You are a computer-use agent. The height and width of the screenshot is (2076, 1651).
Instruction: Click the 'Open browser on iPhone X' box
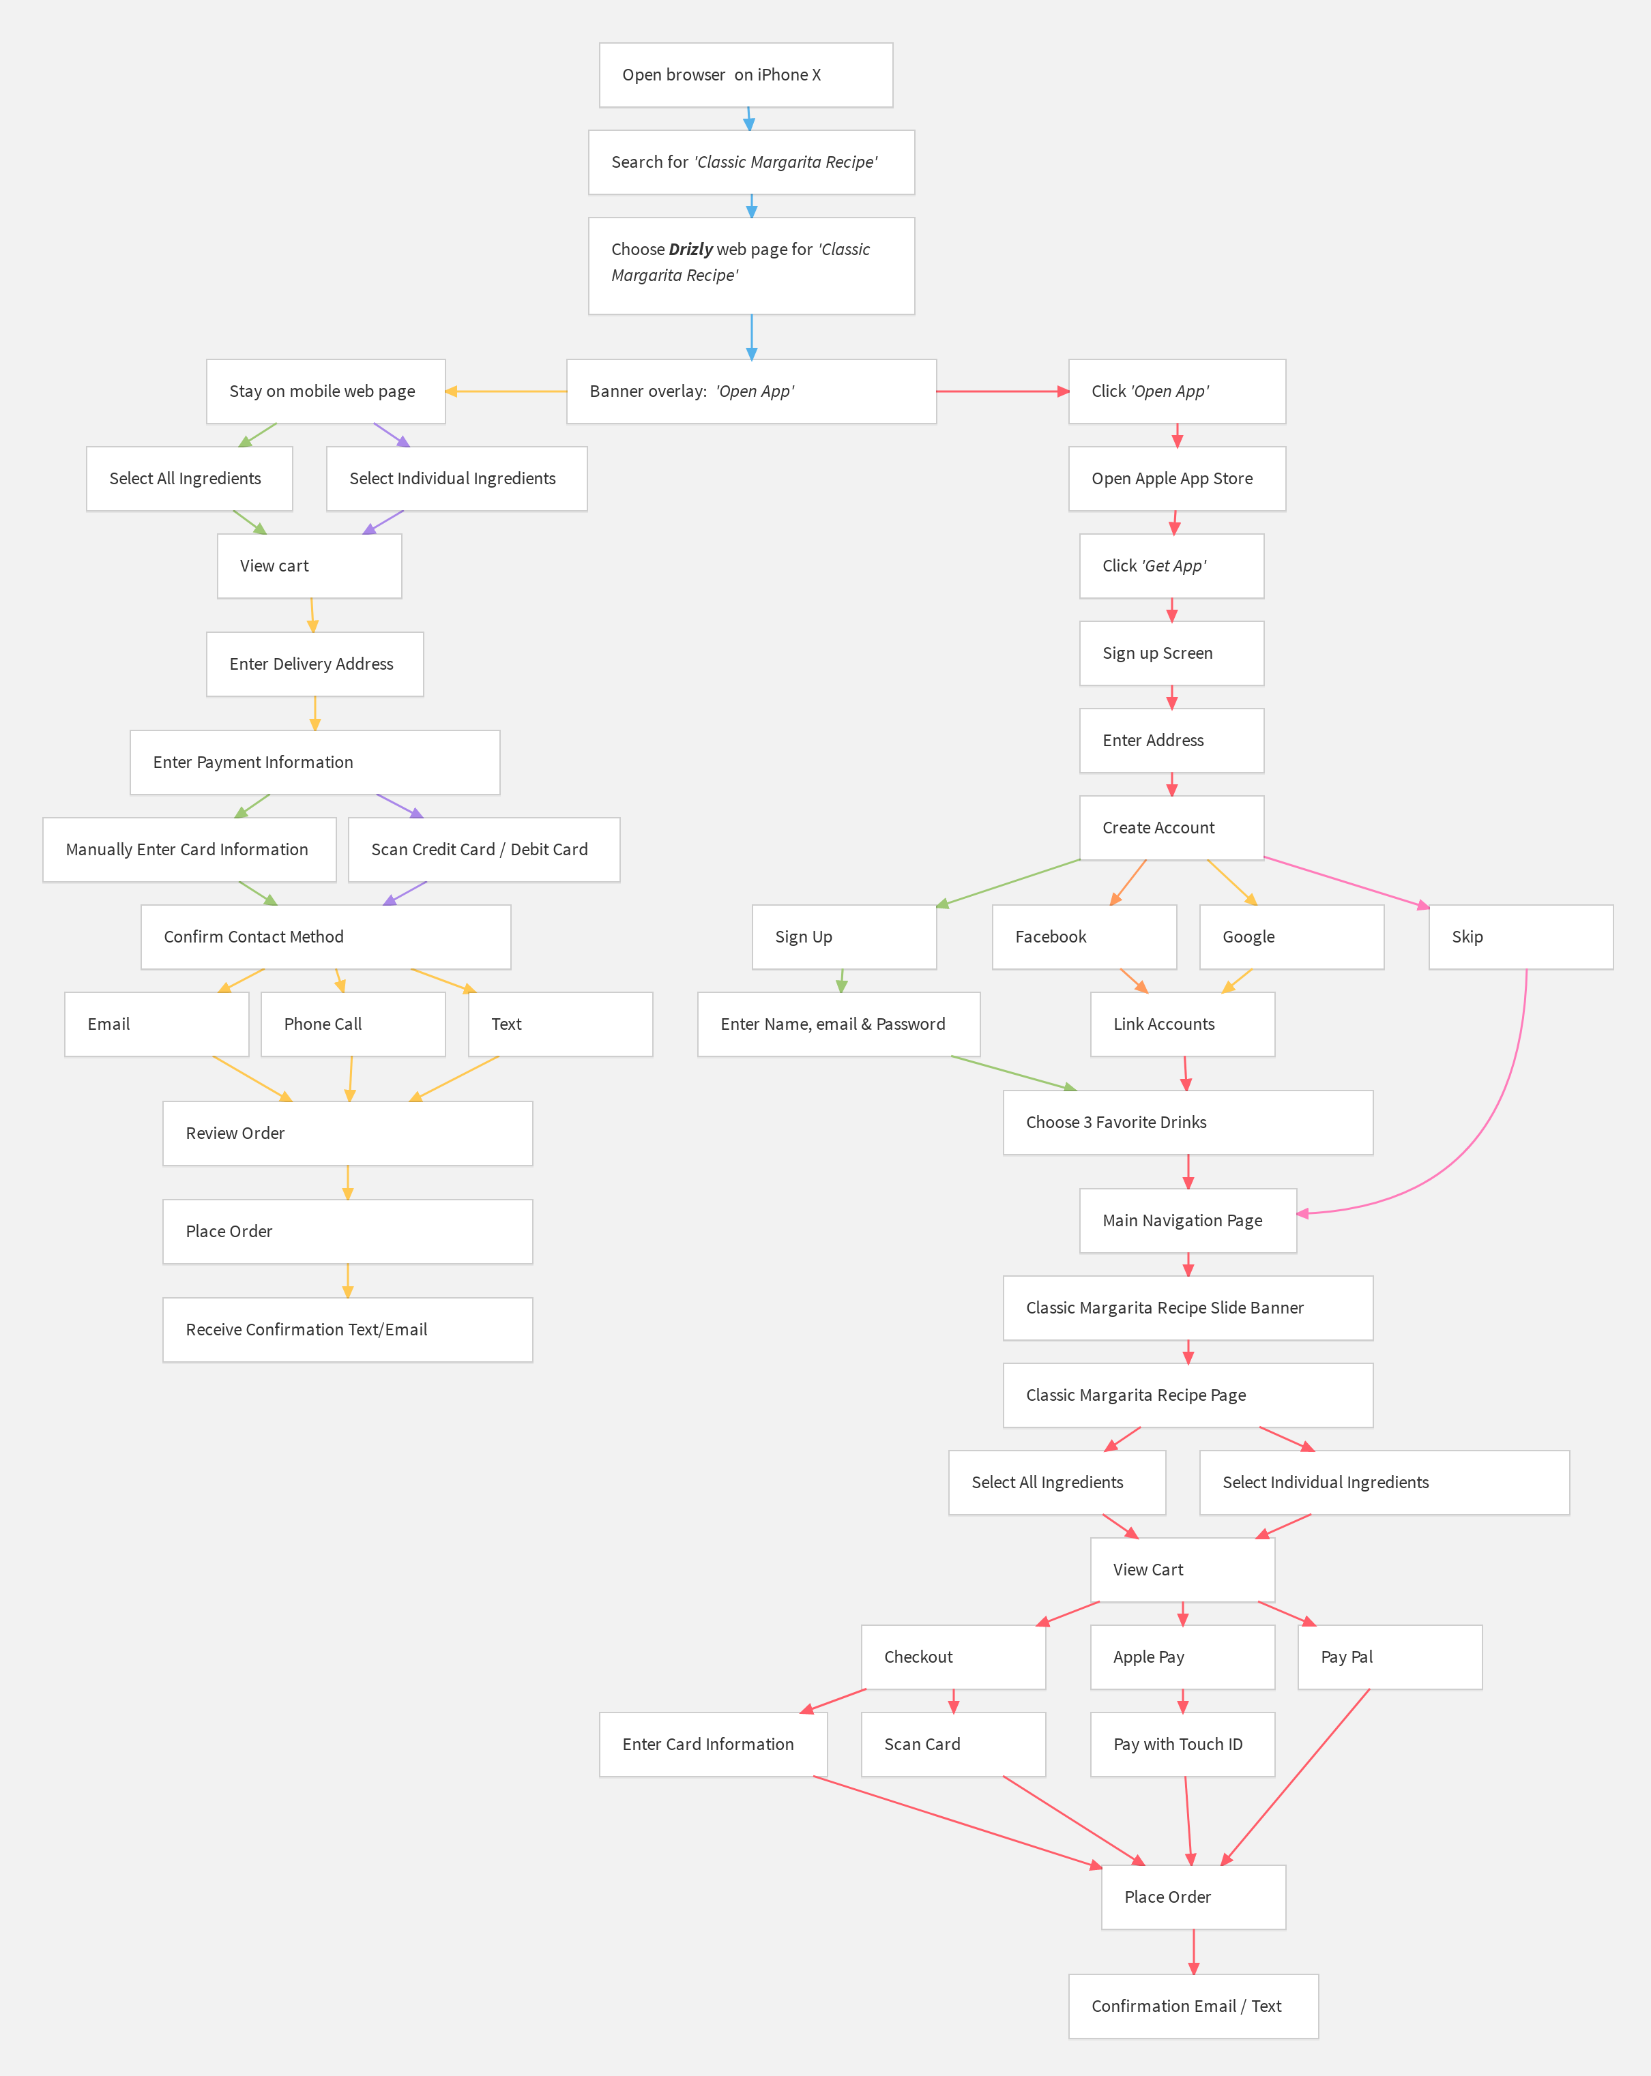pyautogui.click(x=746, y=75)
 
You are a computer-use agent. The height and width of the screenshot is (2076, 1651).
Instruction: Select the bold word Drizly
pyautogui.click(x=690, y=250)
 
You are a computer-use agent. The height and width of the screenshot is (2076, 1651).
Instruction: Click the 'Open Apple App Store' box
pyautogui.click(x=1176, y=479)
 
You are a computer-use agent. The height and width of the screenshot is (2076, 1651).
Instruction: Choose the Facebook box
pyautogui.click(x=1083, y=937)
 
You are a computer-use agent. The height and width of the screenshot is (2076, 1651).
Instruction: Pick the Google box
pyautogui.click(x=1291, y=937)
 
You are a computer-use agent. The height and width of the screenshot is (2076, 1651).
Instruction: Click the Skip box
pyautogui.click(x=1520, y=937)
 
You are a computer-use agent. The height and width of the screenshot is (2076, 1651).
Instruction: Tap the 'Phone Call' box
pyautogui.click(x=353, y=1024)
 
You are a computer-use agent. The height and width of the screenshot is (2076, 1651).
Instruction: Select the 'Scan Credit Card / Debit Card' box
pyautogui.click(x=484, y=849)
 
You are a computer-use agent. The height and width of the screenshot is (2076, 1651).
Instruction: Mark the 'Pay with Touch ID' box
pyautogui.click(x=1182, y=1744)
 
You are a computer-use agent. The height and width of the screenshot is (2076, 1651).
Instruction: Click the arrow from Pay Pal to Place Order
pyautogui.click(x=1296, y=1777)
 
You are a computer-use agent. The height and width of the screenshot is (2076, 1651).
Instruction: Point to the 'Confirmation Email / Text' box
pyautogui.click(x=1193, y=2006)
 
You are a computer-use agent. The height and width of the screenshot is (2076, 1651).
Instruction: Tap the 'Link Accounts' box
pyautogui.click(x=1182, y=1024)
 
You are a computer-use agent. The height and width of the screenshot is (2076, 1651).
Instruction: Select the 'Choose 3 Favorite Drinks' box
pyautogui.click(x=1188, y=1123)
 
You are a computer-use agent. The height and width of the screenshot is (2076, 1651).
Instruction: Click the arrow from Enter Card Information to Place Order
pyautogui.click(x=959, y=1822)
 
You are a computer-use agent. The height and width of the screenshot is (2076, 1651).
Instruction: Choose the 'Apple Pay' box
pyautogui.click(x=1182, y=1657)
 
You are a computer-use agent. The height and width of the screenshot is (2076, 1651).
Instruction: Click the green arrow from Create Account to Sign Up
pyautogui.click(x=1008, y=883)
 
